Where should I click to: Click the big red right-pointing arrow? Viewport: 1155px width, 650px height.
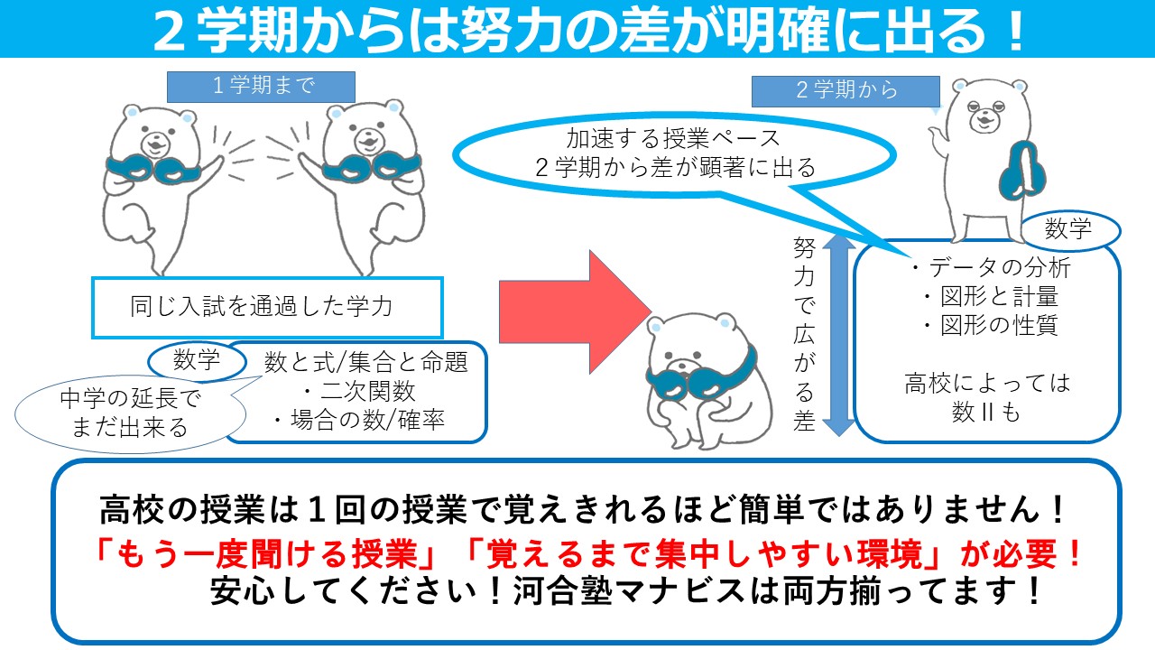(575, 311)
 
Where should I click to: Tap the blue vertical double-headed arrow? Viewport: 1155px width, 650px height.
(839, 335)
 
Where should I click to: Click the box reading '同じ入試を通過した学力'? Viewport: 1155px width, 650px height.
(267, 308)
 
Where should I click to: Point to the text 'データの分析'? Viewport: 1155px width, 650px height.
(1000, 267)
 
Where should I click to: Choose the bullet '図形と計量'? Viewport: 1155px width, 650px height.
(999, 296)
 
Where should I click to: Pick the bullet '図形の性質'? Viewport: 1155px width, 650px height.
(999, 325)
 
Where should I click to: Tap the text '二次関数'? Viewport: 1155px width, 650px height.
(367, 391)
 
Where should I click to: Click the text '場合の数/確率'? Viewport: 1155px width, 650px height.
(367, 420)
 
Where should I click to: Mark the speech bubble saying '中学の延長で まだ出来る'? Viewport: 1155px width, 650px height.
(130, 413)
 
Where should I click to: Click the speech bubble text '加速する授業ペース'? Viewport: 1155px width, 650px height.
(673, 138)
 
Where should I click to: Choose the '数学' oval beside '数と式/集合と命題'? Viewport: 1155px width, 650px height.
(197, 359)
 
